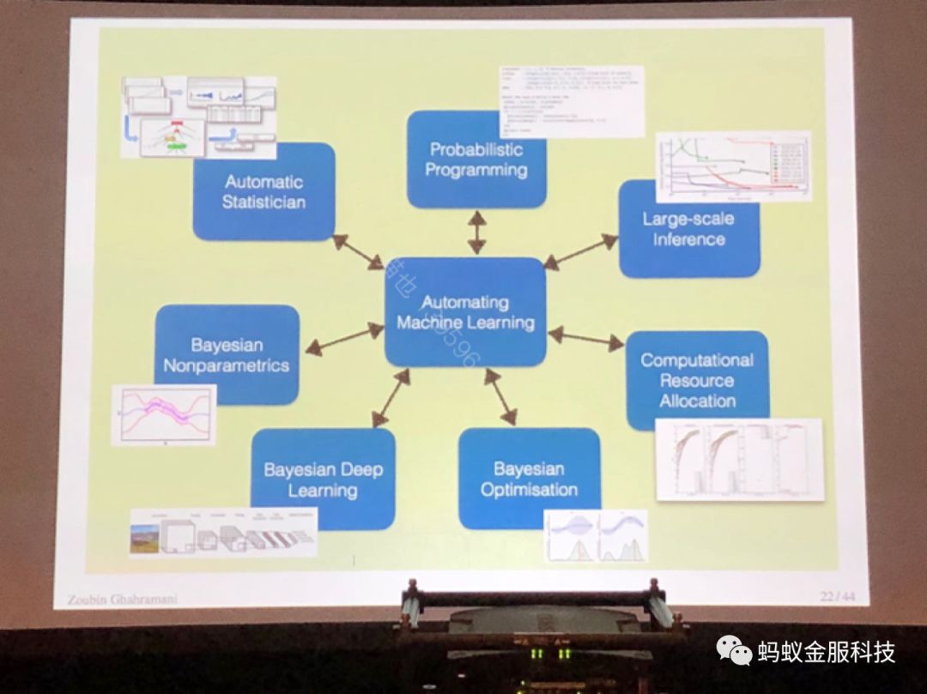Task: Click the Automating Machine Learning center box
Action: click(x=465, y=312)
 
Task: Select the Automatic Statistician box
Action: click(x=264, y=191)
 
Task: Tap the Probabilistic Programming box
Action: click(x=476, y=160)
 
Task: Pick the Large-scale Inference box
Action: click(x=689, y=229)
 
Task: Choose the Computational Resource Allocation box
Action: click(x=697, y=380)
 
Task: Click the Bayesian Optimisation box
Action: click(x=529, y=479)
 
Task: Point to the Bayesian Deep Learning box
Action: click(x=323, y=479)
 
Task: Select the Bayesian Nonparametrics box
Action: click(x=227, y=354)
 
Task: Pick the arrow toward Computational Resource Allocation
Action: click(x=586, y=339)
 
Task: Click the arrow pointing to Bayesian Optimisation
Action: click(x=500, y=397)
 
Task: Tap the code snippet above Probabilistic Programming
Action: click(x=570, y=101)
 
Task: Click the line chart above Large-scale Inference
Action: click(x=733, y=166)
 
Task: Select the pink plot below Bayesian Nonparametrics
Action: click(x=163, y=414)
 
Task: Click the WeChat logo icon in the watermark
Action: click(x=735, y=651)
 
